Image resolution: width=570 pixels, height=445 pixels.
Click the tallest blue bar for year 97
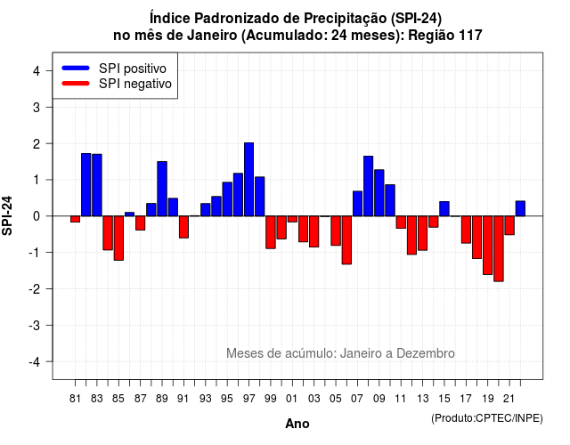249,180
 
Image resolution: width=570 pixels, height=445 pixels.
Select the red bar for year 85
118,238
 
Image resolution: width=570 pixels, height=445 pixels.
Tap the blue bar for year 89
162,189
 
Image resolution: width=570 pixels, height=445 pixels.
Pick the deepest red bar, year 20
499,248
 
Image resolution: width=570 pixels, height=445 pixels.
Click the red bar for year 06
346,239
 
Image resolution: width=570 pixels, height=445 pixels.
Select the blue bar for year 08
368,186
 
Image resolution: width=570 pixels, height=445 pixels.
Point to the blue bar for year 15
444,209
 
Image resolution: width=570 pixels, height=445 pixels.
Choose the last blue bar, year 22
520,208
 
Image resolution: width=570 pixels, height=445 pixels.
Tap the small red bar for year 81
75,219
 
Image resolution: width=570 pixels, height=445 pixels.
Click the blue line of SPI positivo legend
76,68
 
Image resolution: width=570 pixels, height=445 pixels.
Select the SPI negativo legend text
135,84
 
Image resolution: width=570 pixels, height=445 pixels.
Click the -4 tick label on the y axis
35,362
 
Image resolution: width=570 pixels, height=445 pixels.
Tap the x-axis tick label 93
206,399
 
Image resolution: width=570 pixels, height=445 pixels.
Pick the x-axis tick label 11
400,399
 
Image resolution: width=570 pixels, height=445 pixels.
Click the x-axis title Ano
297,424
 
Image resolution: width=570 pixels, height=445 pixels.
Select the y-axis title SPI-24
7,215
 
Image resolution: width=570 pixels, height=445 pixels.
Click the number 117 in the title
470,36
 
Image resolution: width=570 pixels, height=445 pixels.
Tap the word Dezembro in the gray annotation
426,353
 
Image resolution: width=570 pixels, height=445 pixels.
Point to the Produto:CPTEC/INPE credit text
487,418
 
